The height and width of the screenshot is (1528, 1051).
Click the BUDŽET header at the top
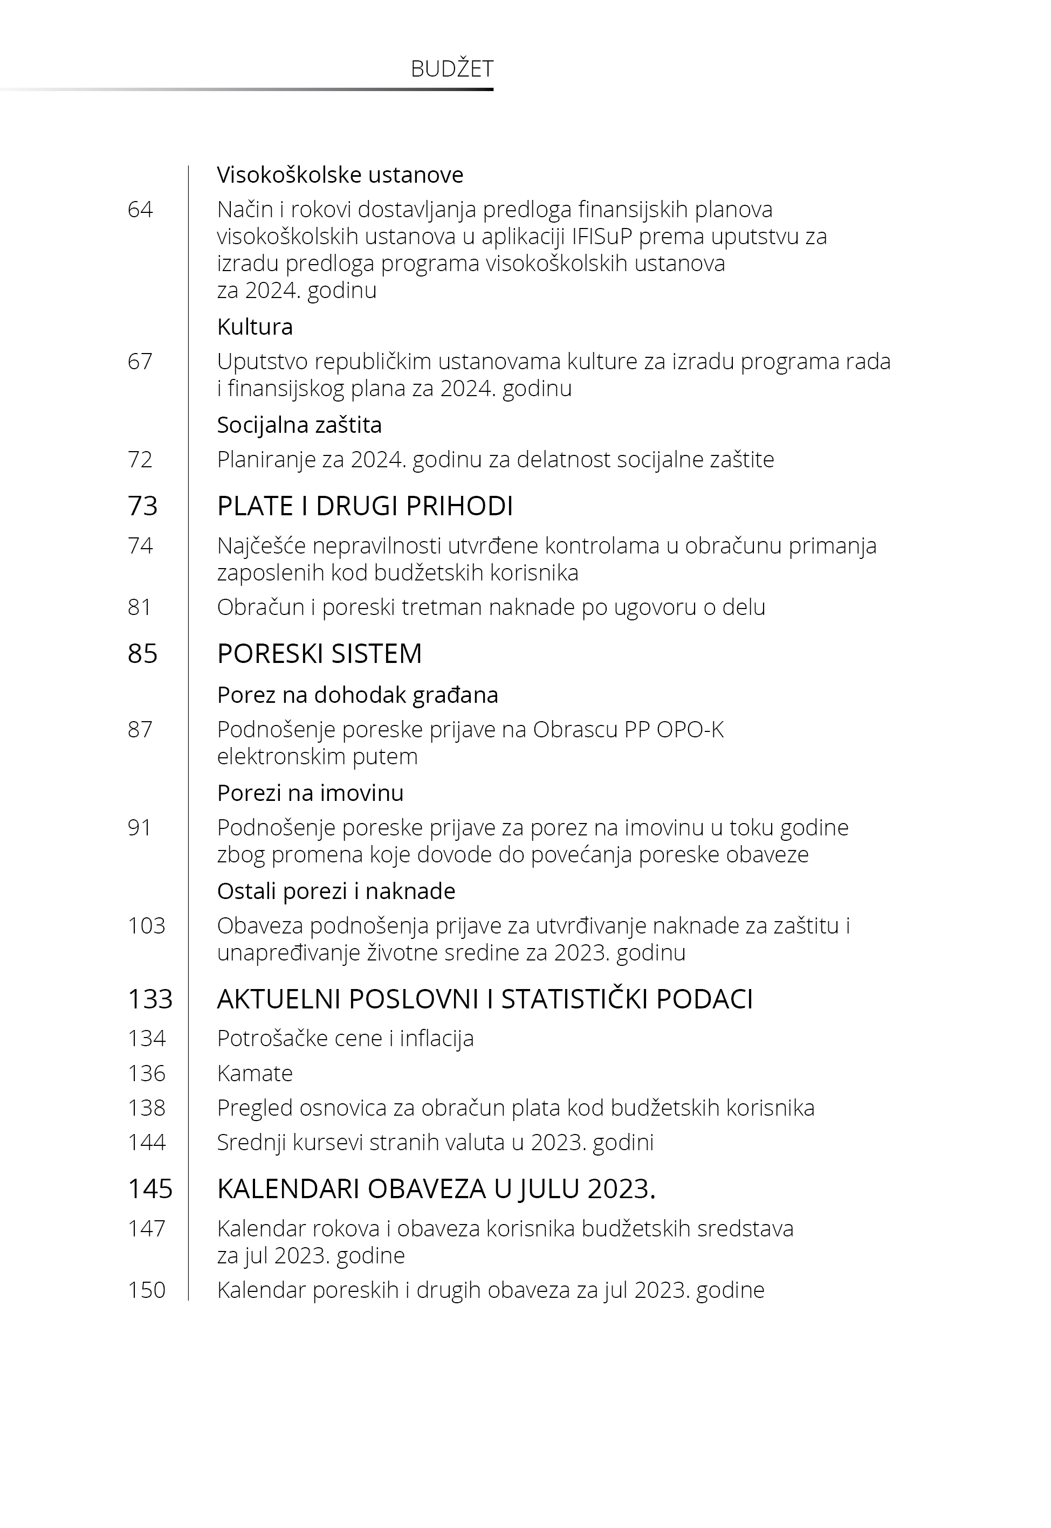pyautogui.click(x=452, y=69)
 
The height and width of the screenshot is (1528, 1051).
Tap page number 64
pyautogui.click(x=140, y=209)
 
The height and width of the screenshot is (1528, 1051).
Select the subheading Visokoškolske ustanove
pyautogui.click(x=340, y=175)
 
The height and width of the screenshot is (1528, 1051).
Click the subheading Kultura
pyautogui.click(x=255, y=327)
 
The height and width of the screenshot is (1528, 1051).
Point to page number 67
pyautogui.click(x=140, y=361)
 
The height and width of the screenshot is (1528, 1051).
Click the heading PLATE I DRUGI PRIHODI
pyautogui.click(x=365, y=506)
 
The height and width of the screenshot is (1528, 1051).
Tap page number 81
pyautogui.click(x=140, y=607)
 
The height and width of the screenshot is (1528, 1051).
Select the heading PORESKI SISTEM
pyautogui.click(x=319, y=653)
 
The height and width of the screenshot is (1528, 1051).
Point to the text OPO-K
pyautogui.click(x=690, y=730)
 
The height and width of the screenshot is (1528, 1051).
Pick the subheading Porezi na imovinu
pyautogui.click(x=310, y=793)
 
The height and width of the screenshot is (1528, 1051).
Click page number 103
pyautogui.click(x=146, y=926)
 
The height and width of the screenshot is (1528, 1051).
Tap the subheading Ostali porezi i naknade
pyautogui.click(x=336, y=891)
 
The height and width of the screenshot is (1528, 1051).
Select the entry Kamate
pyautogui.click(x=255, y=1073)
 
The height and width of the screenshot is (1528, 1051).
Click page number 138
pyautogui.click(x=146, y=1108)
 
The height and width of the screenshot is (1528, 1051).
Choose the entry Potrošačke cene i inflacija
pyautogui.click(x=345, y=1039)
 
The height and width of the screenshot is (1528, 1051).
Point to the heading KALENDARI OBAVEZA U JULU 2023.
pyautogui.click(x=436, y=1189)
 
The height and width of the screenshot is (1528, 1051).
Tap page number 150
pyautogui.click(x=146, y=1290)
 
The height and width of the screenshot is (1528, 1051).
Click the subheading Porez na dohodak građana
pyautogui.click(x=358, y=695)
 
